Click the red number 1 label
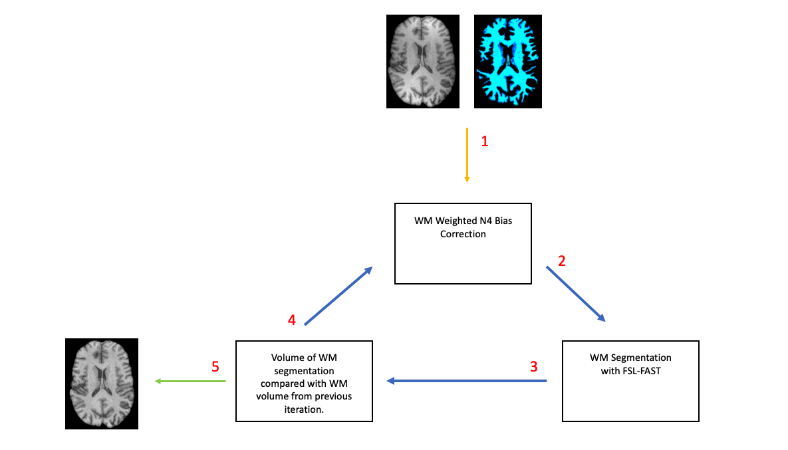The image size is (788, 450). tap(485, 141)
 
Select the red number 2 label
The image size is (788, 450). tap(562, 261)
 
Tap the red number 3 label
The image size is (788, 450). tap(534, 366)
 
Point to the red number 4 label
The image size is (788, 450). tap(291, 320)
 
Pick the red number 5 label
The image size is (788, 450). tap(215, 366)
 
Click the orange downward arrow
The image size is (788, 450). tap(467, 155)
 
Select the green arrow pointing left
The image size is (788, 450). tap(190, 381)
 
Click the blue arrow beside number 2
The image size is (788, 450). tap(576, 294)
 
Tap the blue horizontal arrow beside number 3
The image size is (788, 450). tap(467, 381)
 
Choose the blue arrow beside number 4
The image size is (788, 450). tap(338, 296)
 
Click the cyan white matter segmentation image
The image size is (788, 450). tap(509, 62)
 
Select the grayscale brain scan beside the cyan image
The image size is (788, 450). tap(423, 62)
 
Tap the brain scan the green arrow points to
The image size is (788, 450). tap(102, 384)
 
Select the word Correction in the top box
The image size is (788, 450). tap(463, 234)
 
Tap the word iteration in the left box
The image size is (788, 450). tap(303, 409)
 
